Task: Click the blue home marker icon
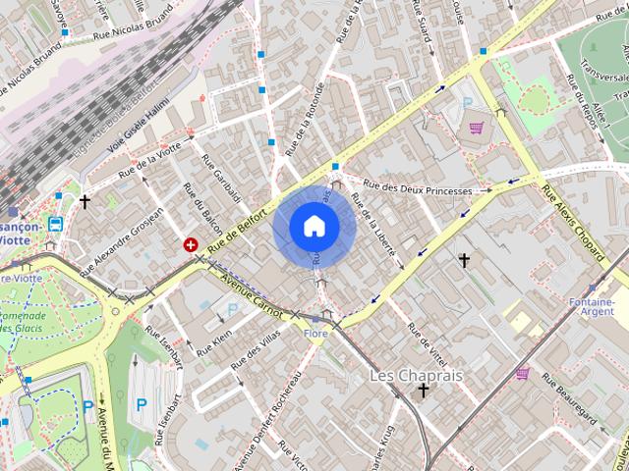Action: point(314,227)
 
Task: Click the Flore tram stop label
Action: point(315,334)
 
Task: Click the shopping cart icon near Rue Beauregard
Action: point(523,373)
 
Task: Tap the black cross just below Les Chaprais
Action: point(424,391)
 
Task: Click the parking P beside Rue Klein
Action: point(233,309)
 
